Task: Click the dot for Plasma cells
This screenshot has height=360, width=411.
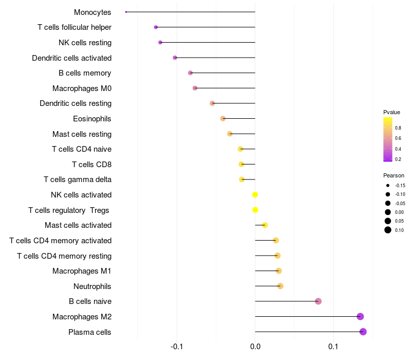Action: [363, 332]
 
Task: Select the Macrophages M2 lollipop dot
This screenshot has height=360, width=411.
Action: [360, 317]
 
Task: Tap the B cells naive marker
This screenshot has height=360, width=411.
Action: [318, 301]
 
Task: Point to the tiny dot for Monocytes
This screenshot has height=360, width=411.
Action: [126, 12]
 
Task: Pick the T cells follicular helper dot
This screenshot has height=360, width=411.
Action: [156, 27]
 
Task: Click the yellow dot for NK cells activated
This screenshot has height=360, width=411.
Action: [255, 195]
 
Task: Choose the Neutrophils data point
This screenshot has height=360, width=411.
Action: [280, 286]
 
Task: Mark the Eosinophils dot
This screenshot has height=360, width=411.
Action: [222, 119]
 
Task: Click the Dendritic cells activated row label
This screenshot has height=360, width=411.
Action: [71, 58]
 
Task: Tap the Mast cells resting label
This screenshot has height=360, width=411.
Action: [82, 134]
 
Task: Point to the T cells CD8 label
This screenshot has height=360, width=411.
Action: [91, 165]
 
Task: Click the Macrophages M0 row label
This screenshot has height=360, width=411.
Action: [82, 88]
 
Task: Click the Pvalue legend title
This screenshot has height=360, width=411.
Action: [391, 112]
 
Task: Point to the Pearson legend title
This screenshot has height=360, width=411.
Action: [394, 175]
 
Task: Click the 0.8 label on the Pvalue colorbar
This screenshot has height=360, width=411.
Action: [398, 128]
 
